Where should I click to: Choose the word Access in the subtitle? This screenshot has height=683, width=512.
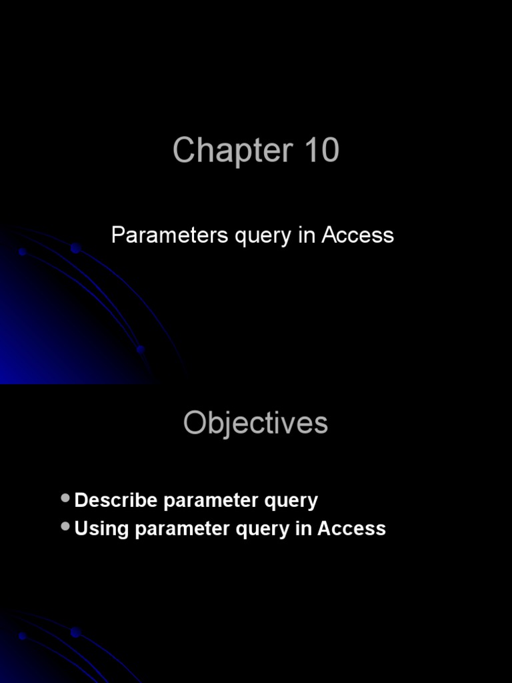[357, 235]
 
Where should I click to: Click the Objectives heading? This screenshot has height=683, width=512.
[256, 423]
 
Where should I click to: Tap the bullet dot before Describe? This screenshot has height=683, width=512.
[65, 498]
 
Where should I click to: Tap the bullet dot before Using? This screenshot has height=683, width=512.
[65, 526]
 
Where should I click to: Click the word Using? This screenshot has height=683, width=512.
[101, 529]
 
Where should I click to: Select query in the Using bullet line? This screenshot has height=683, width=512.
[260, 530]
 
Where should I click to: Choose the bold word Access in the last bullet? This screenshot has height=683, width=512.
[351, 528]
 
